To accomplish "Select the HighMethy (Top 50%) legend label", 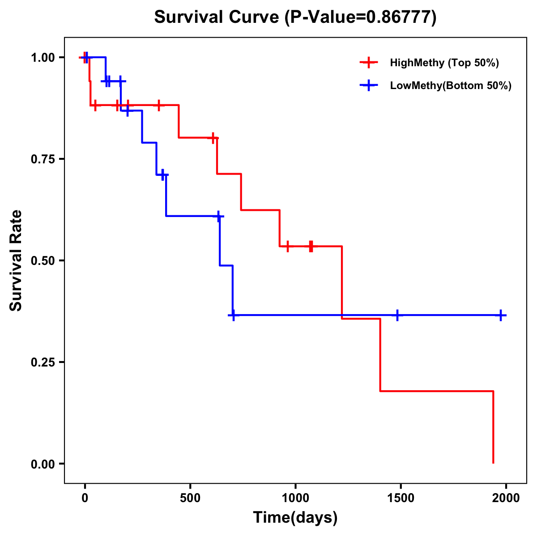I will (444, 63).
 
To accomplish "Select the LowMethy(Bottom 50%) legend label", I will (451, 85).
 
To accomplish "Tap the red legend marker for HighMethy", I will (369, 63).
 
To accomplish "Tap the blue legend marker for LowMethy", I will (369, 85).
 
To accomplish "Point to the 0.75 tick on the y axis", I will (43, 159).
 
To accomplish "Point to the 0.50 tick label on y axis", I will (43, 260).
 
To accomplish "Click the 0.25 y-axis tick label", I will (43, 362).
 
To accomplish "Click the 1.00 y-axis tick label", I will (43, 57).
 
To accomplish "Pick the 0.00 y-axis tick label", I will (43, 464).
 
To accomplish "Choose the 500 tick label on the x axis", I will (190, 498).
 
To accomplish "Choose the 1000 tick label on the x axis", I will (295, 498).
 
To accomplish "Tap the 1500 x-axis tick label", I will (401, 498).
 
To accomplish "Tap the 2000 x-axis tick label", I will (506, 498).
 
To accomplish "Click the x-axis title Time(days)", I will (295, 518).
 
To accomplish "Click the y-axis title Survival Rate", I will (16, 260).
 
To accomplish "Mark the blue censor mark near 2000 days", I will (501, 315).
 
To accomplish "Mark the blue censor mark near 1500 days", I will (397, 315).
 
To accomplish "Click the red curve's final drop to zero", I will (493, 427).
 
